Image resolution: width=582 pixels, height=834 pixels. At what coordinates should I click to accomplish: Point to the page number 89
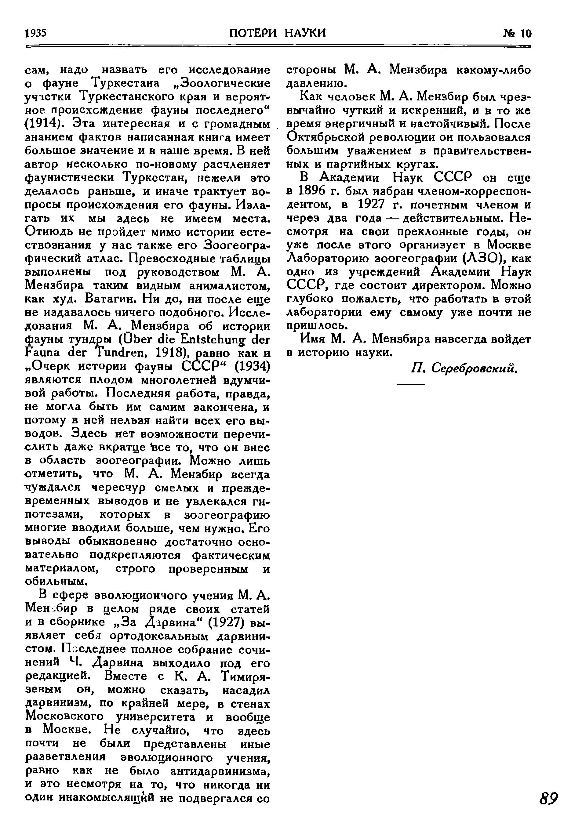point(548,799)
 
